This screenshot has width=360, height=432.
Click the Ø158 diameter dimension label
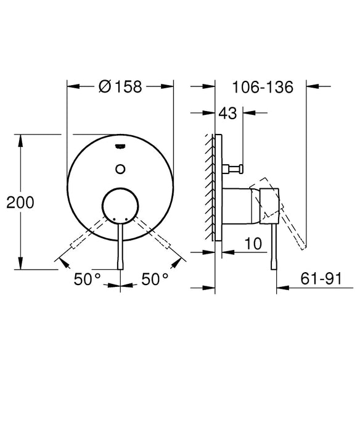click(120, 87)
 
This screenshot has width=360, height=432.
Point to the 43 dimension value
click(227, 113)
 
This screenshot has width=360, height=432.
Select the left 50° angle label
click(87, 279)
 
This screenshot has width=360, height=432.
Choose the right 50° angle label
click(155, 279)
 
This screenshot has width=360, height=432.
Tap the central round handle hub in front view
click(120, 205)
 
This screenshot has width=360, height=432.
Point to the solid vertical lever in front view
click(120, 247)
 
